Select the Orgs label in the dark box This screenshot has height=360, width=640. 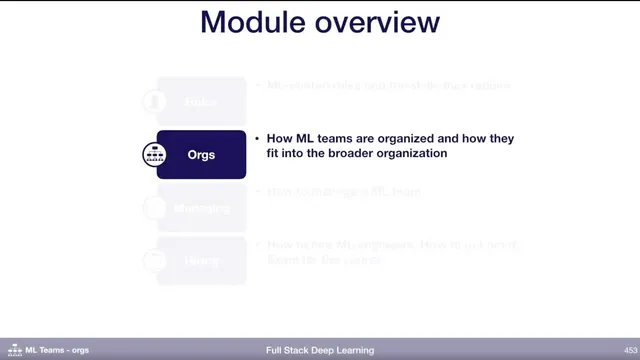point(201,155)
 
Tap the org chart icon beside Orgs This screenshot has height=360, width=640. point(155,155)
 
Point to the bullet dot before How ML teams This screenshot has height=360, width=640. point(257,139)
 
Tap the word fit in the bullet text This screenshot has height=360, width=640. point(274,155)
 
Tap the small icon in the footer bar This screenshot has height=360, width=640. point(14,350)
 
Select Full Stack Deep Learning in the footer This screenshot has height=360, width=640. point(320,350)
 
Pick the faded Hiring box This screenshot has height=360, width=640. point(201,260)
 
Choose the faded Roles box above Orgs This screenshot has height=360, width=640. point(201,101)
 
